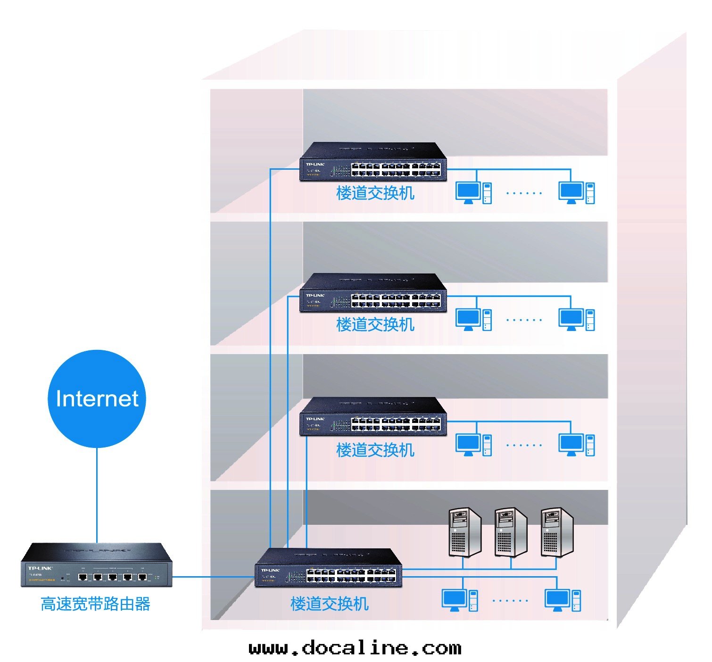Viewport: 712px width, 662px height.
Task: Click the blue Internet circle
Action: (97, 398)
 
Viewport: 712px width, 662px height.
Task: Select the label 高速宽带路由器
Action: (95, 604)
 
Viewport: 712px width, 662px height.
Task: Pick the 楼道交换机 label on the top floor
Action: (375, 193)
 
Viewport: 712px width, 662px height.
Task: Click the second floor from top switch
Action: (373, 293)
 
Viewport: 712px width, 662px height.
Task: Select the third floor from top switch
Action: (373, 417)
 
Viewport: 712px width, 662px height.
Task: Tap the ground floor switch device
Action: (328, 568)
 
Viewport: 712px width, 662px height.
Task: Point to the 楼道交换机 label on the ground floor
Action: (329, 604)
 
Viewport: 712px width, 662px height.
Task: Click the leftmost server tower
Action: (464, 532)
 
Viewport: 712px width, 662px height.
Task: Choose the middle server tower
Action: (511, 532)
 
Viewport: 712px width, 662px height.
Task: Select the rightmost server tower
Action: (557, 532)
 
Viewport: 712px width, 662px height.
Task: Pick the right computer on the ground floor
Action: (563, 600)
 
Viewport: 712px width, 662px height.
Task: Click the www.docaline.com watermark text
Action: (355, 648)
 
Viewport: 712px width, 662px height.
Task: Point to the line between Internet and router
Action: (97, 495)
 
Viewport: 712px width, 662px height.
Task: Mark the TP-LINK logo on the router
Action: (40, 568)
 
